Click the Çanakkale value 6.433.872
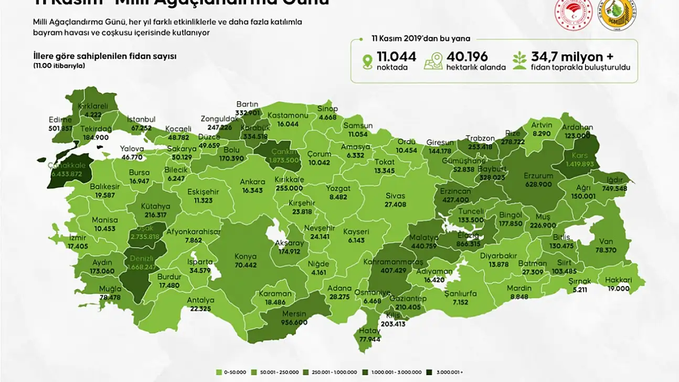click(66, 174)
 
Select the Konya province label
click(246, 257)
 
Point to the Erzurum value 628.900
click(538, 185)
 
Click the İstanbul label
click(141, 120)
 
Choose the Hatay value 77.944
click(370, 339)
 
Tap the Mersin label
click(294, 314)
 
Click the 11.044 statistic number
click(396, 56)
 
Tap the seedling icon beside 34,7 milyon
click(519, 61)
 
